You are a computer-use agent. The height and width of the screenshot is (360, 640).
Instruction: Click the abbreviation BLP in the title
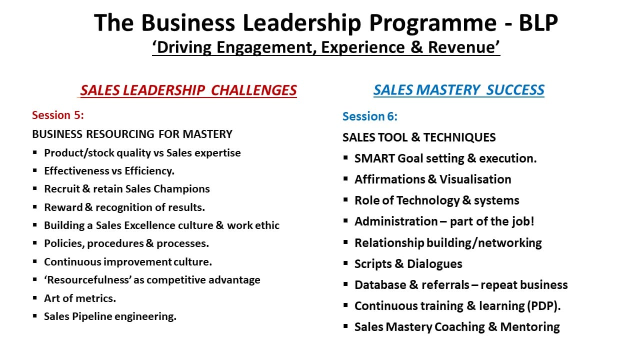[x=538, y=22]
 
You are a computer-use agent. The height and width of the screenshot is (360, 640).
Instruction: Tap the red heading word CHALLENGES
[x=253, y=90]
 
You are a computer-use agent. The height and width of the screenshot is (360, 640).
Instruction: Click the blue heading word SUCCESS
[x=515, y=90]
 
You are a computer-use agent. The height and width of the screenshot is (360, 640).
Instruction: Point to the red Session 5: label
[x=57, y=115]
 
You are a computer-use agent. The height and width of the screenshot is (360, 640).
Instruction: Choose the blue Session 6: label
[x=370, y=116]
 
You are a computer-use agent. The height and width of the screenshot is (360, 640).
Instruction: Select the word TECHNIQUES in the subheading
[x=459, y=137]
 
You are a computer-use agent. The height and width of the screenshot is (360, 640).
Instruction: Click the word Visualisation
[x=475, y=179]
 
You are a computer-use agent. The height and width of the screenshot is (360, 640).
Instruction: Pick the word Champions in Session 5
[x=181, y=189]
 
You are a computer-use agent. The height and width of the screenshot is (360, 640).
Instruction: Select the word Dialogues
[x=434, y=264]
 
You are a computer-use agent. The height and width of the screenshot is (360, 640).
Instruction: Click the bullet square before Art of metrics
[x=35, y=298]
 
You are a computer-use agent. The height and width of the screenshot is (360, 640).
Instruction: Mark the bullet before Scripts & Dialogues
[x=345, y=263]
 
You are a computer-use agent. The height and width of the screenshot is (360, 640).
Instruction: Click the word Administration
[x=396, y=221]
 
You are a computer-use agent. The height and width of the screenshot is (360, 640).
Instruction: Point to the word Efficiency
[x=149, y=171]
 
